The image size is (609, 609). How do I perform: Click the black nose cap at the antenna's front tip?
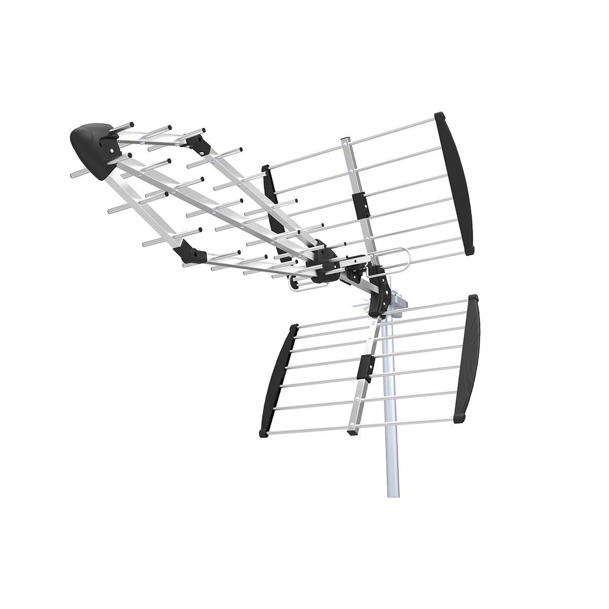pos(91,142)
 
